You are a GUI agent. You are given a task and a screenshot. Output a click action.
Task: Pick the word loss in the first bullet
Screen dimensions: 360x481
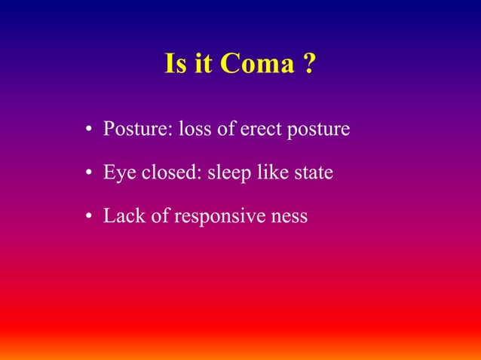pos(193,130)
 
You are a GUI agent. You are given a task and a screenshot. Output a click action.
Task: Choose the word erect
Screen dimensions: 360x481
pos(259,130)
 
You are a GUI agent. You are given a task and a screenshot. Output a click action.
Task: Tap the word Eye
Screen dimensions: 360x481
pos(118,174)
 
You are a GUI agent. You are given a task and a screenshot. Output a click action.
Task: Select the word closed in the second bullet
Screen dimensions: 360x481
pos(166,173)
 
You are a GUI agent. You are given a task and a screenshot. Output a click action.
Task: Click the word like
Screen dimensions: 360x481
pos(271,173)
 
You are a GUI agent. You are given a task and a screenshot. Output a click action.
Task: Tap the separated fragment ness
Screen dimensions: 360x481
pos(290,218)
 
